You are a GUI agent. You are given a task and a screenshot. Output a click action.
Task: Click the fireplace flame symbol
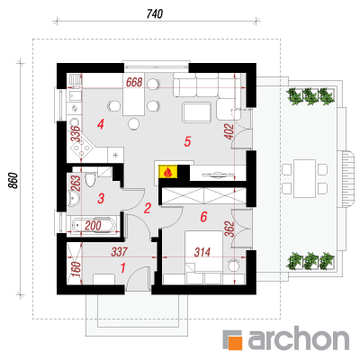[x=168, y=172]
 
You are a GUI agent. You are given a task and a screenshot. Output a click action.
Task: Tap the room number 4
[x=101, y=124]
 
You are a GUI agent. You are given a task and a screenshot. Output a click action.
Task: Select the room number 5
[x=187, y=141]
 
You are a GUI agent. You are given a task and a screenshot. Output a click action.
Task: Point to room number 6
[x=203, y=216]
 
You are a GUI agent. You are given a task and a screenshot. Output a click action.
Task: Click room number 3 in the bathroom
[x=101, y=198]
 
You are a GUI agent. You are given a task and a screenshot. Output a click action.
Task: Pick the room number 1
[x=122, y=268]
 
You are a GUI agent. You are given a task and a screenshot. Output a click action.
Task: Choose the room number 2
[x=147, y=208]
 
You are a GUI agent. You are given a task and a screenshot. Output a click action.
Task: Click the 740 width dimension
[x=155, y=13]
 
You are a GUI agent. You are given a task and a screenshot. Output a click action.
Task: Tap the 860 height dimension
[x=13, y=180]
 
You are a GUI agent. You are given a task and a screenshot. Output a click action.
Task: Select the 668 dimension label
[x=134, y=82]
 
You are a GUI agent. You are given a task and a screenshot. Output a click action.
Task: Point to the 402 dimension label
[x=229, y=131]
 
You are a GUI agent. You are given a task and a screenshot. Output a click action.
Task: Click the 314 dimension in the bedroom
[x=202, y=253]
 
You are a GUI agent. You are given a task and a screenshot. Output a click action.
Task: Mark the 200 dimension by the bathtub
[x=93, y=226]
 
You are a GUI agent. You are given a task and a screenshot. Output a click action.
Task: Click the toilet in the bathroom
[x=90, y=179]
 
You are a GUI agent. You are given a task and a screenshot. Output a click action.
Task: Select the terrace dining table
[x=304, y=178]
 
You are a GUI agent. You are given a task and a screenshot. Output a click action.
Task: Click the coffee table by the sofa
[x=196, y=112]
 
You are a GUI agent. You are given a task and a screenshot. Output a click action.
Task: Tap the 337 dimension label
[x=120, y=252]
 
